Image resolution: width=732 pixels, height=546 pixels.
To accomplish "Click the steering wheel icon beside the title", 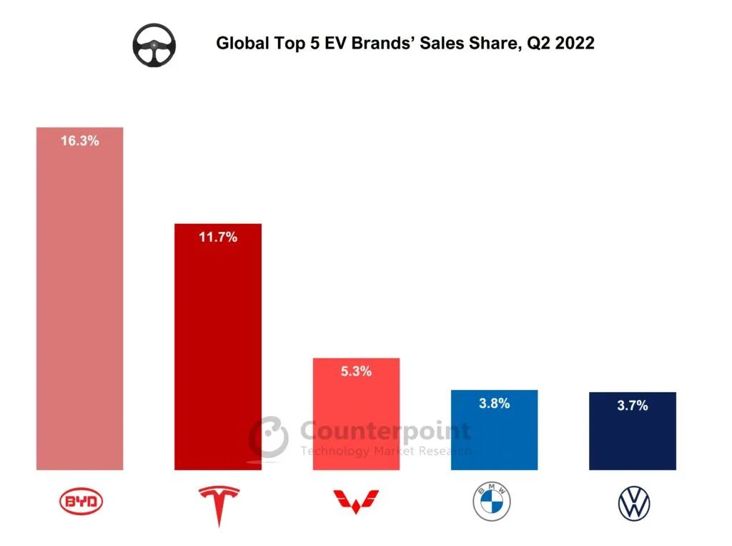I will [x=154, y=45].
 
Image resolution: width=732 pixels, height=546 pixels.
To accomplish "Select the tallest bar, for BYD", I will [x=79, y=308].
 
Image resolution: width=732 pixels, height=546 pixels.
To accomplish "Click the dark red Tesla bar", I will [x=218, y=351].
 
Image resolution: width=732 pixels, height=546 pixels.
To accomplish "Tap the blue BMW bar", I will [x=494, y=437].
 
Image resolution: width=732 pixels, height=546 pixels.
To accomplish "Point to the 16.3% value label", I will [x=79, y=141].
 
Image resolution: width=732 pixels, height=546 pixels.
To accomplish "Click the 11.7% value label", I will [x=218, y=237].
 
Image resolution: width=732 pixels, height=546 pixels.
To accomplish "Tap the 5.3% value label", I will [x=356, y=371].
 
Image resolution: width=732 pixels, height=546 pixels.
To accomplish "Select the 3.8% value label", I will [x=494, y=404].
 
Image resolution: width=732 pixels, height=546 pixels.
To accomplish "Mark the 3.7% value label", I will [x=633, y=406].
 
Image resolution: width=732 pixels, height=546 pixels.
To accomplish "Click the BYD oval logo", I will [x=80, y=502].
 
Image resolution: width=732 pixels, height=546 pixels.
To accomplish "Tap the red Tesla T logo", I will [x=219, y=505].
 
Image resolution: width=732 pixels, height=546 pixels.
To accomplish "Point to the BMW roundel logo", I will [x=492, y=502].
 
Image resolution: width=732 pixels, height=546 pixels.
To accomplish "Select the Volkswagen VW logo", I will [x=634, y=504].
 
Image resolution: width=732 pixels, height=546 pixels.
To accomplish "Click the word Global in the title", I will [x=239, y=44].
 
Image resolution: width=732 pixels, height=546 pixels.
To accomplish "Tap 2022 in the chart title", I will [x=573, y=44].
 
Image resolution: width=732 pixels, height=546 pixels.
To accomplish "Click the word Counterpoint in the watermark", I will [x=385, y=432].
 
